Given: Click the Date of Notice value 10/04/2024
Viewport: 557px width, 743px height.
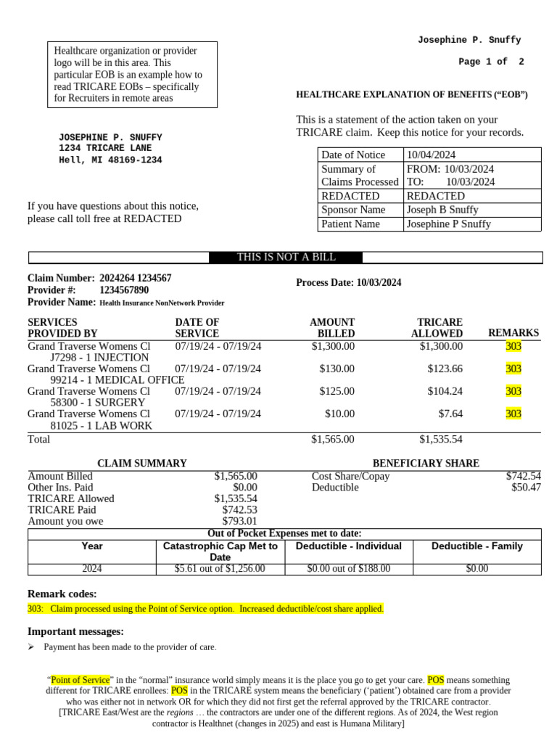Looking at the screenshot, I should (x=431, y=155).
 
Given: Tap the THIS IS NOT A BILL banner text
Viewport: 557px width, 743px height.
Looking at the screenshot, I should (x=286, y=258).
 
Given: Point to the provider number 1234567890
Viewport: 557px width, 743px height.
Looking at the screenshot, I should (x=124, y=290).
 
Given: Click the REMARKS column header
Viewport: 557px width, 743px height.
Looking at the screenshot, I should (x=513, y=333).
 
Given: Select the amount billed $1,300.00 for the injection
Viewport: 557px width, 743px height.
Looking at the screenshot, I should (x=333, y=346).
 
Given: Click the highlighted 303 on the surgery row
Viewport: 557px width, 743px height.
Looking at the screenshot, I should (x=513, y=391).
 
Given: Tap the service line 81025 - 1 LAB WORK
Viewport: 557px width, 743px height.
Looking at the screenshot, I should (x=101, y=425).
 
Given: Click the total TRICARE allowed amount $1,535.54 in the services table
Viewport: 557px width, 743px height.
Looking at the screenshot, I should (x=441, y=439).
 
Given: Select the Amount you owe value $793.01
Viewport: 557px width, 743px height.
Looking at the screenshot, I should (x=239, y=521).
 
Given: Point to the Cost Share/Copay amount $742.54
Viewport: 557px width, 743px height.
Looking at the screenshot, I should (x=523, y=476).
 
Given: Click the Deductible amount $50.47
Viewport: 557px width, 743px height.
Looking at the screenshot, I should (x=526, y=488).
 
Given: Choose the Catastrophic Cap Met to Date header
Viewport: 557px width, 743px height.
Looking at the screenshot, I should (x=220, y=551).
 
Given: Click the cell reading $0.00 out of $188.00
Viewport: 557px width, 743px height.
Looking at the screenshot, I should (x=349, y=569).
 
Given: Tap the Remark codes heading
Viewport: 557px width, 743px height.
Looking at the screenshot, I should (x=62, y=594).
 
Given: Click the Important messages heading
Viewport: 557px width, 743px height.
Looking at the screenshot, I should (x=75, y=631).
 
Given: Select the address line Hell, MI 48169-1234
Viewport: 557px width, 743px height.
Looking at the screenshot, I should (x=110, y=160).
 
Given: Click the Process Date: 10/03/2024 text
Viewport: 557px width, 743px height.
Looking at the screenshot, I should (x=349, y=283).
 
